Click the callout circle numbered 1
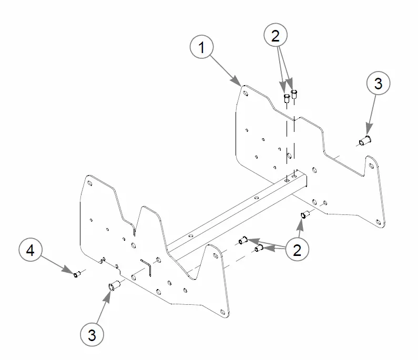(x=201, y=48)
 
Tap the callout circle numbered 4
(x=30, y=251)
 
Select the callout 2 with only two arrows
(x=276, y=36)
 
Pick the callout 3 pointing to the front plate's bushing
(x=92, y=334)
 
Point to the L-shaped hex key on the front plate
(x=147, y=266)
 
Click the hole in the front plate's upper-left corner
(x=91, y=183)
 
